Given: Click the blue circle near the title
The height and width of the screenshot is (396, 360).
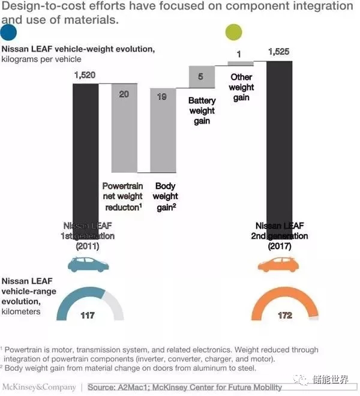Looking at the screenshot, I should [x=9, y=32].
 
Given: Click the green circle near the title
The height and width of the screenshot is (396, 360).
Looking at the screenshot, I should [x=233, y=32].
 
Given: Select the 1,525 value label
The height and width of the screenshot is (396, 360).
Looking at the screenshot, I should [x=278, y=52].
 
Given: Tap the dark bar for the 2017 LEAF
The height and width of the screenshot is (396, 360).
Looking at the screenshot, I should [x=279, y=150].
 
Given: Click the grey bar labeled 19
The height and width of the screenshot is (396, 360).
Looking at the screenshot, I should [x=162, y=132].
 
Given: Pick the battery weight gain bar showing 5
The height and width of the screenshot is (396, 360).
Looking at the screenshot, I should [x=202, y=77].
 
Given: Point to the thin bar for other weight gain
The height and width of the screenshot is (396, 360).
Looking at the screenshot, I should [x=241, y=63].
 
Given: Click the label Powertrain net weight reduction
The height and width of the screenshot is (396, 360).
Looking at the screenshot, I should [x=122, y=196].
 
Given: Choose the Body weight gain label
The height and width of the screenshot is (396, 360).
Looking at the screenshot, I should [x=165, y=196].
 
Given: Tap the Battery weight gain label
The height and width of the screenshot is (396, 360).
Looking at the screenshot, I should [x=202, y=111].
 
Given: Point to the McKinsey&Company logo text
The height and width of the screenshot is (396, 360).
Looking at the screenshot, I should [x=40, y=387].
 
